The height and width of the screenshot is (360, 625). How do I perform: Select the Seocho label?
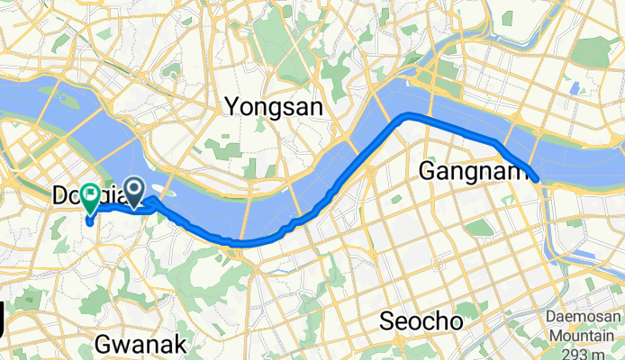tap(421, 321)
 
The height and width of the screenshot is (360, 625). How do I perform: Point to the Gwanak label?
tap(140, 344)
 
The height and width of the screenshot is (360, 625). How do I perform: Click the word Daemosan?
tap(584, 318)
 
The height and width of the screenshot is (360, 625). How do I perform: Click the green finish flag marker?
tap(91, 193)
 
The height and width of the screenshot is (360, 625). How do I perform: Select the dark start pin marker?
tap(133, 190)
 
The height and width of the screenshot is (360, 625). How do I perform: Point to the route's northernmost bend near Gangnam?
tap(408, 114)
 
